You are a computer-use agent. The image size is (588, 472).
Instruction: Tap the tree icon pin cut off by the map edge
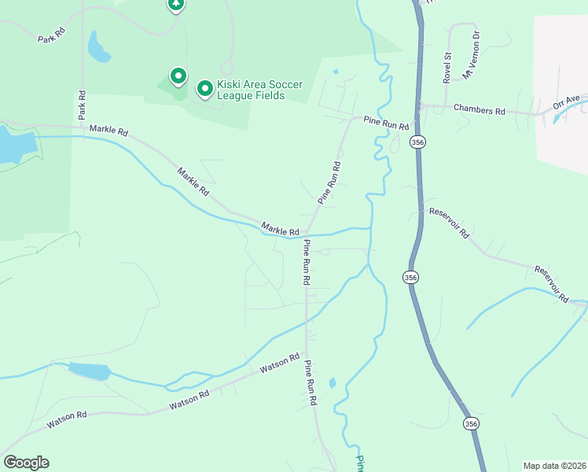tap(176, 5)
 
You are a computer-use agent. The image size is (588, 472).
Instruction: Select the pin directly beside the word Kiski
tap(204, 89)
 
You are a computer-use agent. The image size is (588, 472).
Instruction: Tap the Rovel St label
tap(447, 67)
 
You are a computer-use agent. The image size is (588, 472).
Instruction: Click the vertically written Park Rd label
tap(81, 106)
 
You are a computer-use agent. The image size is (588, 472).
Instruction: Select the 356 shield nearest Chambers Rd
tap(417, 142)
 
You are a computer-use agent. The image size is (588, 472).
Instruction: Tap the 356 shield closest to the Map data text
tap(471, 423)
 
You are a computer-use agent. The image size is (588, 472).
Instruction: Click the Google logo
tap(26, 463)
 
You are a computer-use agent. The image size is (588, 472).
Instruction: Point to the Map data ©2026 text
tap(554, 465)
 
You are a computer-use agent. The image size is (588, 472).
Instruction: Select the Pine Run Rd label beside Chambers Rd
tap(386, 123)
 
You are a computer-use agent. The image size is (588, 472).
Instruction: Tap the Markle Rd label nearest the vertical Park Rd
tap(108, 130)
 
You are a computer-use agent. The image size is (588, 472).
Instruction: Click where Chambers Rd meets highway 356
tap(418, 106)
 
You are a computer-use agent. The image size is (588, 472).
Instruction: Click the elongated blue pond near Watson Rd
tap(88, 370)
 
